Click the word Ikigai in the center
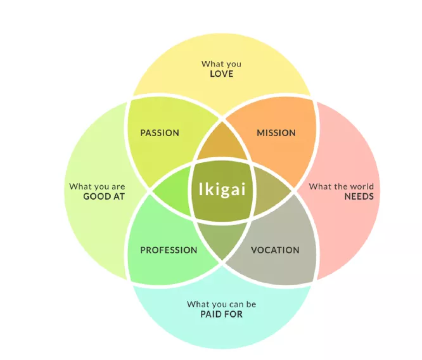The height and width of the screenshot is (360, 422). (x=222, y=190)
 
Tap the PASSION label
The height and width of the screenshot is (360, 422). (x=160, y=132)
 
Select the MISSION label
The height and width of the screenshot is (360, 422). (x=276, y=132)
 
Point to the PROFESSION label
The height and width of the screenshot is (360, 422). (x=169, y=250)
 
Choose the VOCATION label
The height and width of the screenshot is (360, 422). (x=275, y=250)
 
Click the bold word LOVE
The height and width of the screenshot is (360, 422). (x=222, y=74)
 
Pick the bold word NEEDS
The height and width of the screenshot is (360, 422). (x=359, y=196)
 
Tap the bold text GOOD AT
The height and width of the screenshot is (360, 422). (x=104, y=196)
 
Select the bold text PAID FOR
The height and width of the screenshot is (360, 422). (x=222, y=314)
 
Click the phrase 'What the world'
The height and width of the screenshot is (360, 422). (x=342, y=186)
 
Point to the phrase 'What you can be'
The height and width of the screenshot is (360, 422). (x=222, y=304)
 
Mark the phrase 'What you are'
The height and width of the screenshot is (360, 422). (x=97, y=186)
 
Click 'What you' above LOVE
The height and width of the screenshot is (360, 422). (x=221, y=64)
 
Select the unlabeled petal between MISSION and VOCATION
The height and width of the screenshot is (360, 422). (x=271, y=191)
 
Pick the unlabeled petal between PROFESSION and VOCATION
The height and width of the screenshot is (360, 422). (x=222, y=238)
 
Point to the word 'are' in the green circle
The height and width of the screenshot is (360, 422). (x=118, y=187)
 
